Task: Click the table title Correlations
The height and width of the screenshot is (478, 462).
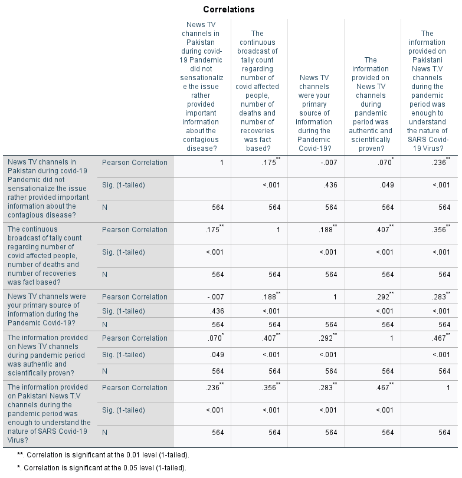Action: point(229,9)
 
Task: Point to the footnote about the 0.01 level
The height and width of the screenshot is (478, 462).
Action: point(103,455)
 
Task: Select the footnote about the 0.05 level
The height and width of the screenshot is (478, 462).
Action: point(101,467)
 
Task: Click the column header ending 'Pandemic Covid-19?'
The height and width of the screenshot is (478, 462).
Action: point(314,113)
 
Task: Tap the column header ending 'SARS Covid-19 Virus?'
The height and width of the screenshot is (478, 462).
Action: point(427,91)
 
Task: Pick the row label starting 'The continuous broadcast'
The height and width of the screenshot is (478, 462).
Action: point(45,255)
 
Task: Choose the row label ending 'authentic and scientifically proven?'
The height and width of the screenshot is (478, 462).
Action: point(48,355)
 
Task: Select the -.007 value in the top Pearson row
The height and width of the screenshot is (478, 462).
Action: point(329,163)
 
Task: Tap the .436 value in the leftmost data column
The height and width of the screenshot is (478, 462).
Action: point(217,311)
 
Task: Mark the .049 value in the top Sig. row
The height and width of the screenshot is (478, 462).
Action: point(387,185)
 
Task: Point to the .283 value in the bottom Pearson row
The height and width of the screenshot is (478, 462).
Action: point(327,387)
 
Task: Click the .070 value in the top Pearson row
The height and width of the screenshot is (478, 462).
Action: point(386,162)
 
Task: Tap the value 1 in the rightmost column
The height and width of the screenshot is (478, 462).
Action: point(448,388)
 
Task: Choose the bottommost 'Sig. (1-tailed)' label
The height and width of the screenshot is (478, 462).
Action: point(123,410)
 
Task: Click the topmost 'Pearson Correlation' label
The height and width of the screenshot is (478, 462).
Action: point(135,163)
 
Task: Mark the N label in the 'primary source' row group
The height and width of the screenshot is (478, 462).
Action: point(104,325)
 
